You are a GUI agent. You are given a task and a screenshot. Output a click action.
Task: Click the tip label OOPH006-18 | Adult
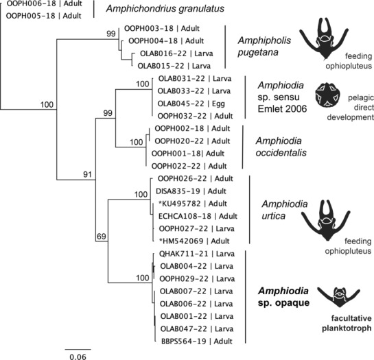click(45, 3)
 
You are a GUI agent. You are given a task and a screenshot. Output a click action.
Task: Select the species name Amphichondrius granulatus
click(165, 9)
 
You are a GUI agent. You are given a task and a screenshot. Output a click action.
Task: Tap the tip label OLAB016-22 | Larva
click(176, 53)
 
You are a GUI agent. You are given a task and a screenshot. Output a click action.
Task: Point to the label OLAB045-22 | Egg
click(191, 104)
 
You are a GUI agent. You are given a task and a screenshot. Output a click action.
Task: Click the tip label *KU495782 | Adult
click(193, 204)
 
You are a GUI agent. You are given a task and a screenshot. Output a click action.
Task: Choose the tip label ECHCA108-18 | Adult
click(198, 216)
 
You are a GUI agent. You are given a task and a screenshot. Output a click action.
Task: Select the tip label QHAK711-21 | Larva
click(197, 254)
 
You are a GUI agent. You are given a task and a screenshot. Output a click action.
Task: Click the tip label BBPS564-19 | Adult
click(197, 341)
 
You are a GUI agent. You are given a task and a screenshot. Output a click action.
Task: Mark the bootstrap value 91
click(87, 175)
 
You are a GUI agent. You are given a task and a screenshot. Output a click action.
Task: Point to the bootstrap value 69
click(101, 237)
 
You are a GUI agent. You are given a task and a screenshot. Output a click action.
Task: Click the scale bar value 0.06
click(78, 357)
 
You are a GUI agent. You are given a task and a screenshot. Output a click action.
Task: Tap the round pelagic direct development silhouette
click(327, 95)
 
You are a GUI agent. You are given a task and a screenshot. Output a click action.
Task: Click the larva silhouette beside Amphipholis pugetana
click(324, 38)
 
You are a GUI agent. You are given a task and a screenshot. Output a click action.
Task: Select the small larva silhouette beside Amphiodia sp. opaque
click(339, 297)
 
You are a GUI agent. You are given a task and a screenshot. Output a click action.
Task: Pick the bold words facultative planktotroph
click(347, 323)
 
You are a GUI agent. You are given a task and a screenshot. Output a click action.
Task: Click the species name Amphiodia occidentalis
click(281, 147)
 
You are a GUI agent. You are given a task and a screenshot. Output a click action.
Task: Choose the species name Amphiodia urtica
click(285, 210)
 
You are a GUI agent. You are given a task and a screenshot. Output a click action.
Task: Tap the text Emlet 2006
click(282, 109)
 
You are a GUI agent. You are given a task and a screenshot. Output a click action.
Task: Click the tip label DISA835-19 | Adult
click(191, 191)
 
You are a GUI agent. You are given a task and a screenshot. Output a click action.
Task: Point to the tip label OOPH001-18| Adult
click(188, 154)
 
